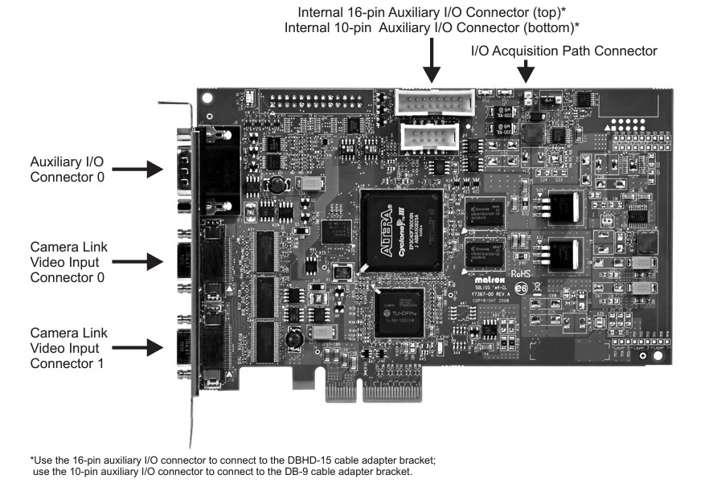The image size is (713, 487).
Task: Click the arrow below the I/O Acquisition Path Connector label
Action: click(x=527, y=72)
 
